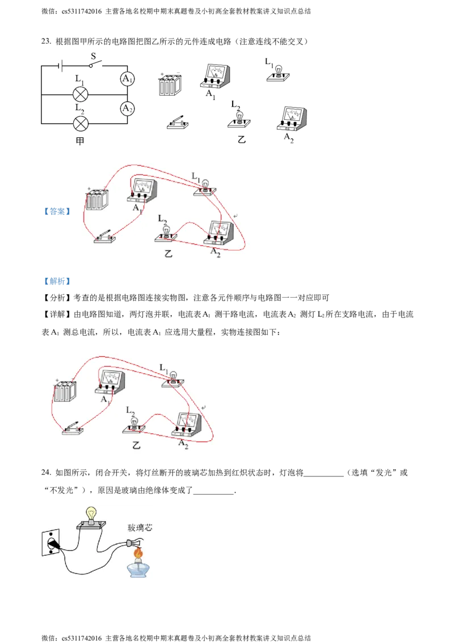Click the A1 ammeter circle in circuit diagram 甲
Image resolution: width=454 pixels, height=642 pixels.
tap(128, 79)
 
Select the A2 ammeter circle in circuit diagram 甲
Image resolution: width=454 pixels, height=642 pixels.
tap(128, 108)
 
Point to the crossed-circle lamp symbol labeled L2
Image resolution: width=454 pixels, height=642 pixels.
tap(81, 123)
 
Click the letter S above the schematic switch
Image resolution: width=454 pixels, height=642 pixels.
tap(94, 57)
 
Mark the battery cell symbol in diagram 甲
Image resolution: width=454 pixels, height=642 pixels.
tap(61, 66)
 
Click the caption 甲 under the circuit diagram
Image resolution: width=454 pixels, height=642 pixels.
tap(81, 141)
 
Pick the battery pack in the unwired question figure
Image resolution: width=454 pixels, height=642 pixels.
tap(170, 85)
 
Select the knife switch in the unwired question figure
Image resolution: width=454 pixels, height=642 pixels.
tap(178, 123)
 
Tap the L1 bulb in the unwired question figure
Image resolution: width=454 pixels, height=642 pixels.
tap(279, 74)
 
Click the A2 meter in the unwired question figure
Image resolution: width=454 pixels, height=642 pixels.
tap(292, 119)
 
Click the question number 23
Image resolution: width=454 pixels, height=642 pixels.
tap(46, 41)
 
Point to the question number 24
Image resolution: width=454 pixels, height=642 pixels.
tap(46, 472)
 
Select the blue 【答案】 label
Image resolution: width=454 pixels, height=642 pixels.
tap(57, 212)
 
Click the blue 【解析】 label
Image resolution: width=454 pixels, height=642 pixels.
tap(57, 281)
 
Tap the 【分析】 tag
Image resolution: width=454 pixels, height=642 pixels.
tap(57, 298)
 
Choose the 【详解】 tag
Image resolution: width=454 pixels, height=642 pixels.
tap(57, 314)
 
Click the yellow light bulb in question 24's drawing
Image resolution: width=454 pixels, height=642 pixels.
tap(91, 514)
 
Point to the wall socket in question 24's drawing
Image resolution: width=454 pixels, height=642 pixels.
tap(51, 543)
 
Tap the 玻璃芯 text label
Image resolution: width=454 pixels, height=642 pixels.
tap(140, 528)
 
